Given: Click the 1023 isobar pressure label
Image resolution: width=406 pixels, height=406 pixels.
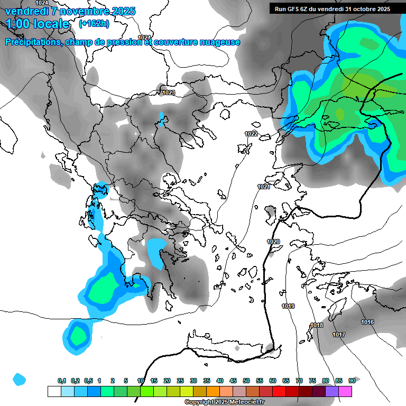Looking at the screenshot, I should point(169,93).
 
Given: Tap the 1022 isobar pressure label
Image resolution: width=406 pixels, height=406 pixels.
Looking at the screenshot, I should point(251,134).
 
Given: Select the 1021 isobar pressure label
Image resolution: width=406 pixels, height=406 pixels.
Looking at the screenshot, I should point(264,187).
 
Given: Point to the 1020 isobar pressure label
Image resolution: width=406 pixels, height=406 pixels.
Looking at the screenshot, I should point(273,242).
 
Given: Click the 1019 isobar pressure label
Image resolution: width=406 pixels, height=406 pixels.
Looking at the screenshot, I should point(288,307).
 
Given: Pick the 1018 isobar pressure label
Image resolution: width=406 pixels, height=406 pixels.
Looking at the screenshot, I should point(317,325).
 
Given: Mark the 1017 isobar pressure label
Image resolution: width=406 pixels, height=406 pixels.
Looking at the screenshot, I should point(339,335).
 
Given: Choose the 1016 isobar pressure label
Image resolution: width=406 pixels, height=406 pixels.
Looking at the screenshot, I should point(367,322).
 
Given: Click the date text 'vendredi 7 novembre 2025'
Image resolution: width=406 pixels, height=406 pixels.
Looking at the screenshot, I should point(70,11).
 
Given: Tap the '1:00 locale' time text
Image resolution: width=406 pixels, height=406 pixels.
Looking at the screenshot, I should point(38,24).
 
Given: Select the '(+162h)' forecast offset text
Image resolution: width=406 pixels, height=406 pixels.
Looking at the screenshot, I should point(94,24).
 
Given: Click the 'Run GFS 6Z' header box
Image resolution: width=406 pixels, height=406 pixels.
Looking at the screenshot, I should point(333,9).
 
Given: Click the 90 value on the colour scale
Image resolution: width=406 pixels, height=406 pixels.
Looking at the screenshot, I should point(352,381).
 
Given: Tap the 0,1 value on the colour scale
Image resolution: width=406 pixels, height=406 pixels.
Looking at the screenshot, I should point(62,381).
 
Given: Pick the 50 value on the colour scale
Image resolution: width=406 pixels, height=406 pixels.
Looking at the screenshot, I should point(246,381).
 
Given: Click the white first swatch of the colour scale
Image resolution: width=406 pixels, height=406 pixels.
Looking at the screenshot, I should point(54,391).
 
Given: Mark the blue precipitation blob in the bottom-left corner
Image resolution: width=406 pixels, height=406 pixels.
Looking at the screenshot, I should point(20,379).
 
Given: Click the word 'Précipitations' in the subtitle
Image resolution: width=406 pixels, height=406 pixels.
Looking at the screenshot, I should point(31,42).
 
